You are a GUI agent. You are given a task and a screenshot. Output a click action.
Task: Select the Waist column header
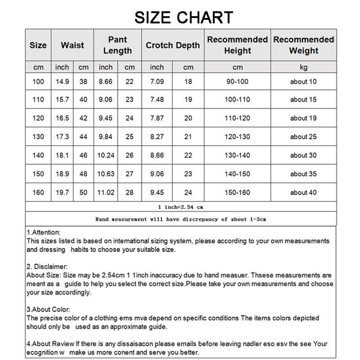(x=72, y=45)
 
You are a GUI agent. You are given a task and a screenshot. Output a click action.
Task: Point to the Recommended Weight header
(x=304, y=45)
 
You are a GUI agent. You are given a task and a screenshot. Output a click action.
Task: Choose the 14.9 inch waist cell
(x=61, y=82)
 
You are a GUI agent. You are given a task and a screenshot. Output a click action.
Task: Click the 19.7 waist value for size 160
(x=61, y=193)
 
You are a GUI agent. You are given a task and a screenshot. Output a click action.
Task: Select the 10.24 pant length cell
(x=106, y=155)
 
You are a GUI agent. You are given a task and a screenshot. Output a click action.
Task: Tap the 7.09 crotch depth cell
(x=157, y=82)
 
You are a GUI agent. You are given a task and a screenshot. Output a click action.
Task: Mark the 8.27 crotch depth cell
(x=157, y=137)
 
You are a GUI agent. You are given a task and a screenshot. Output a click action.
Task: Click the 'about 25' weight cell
(x=303, y=137)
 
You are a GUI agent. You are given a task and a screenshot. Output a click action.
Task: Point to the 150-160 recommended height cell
(x=237, y=193)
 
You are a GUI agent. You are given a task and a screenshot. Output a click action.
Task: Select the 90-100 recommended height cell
(x=237, y=82)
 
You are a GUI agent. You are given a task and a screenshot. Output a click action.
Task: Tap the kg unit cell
(x=304, y=67)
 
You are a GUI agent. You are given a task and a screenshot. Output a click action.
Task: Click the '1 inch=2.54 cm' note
(x=180, y=206)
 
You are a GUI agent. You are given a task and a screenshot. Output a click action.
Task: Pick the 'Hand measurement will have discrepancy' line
(x=180, y=220)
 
